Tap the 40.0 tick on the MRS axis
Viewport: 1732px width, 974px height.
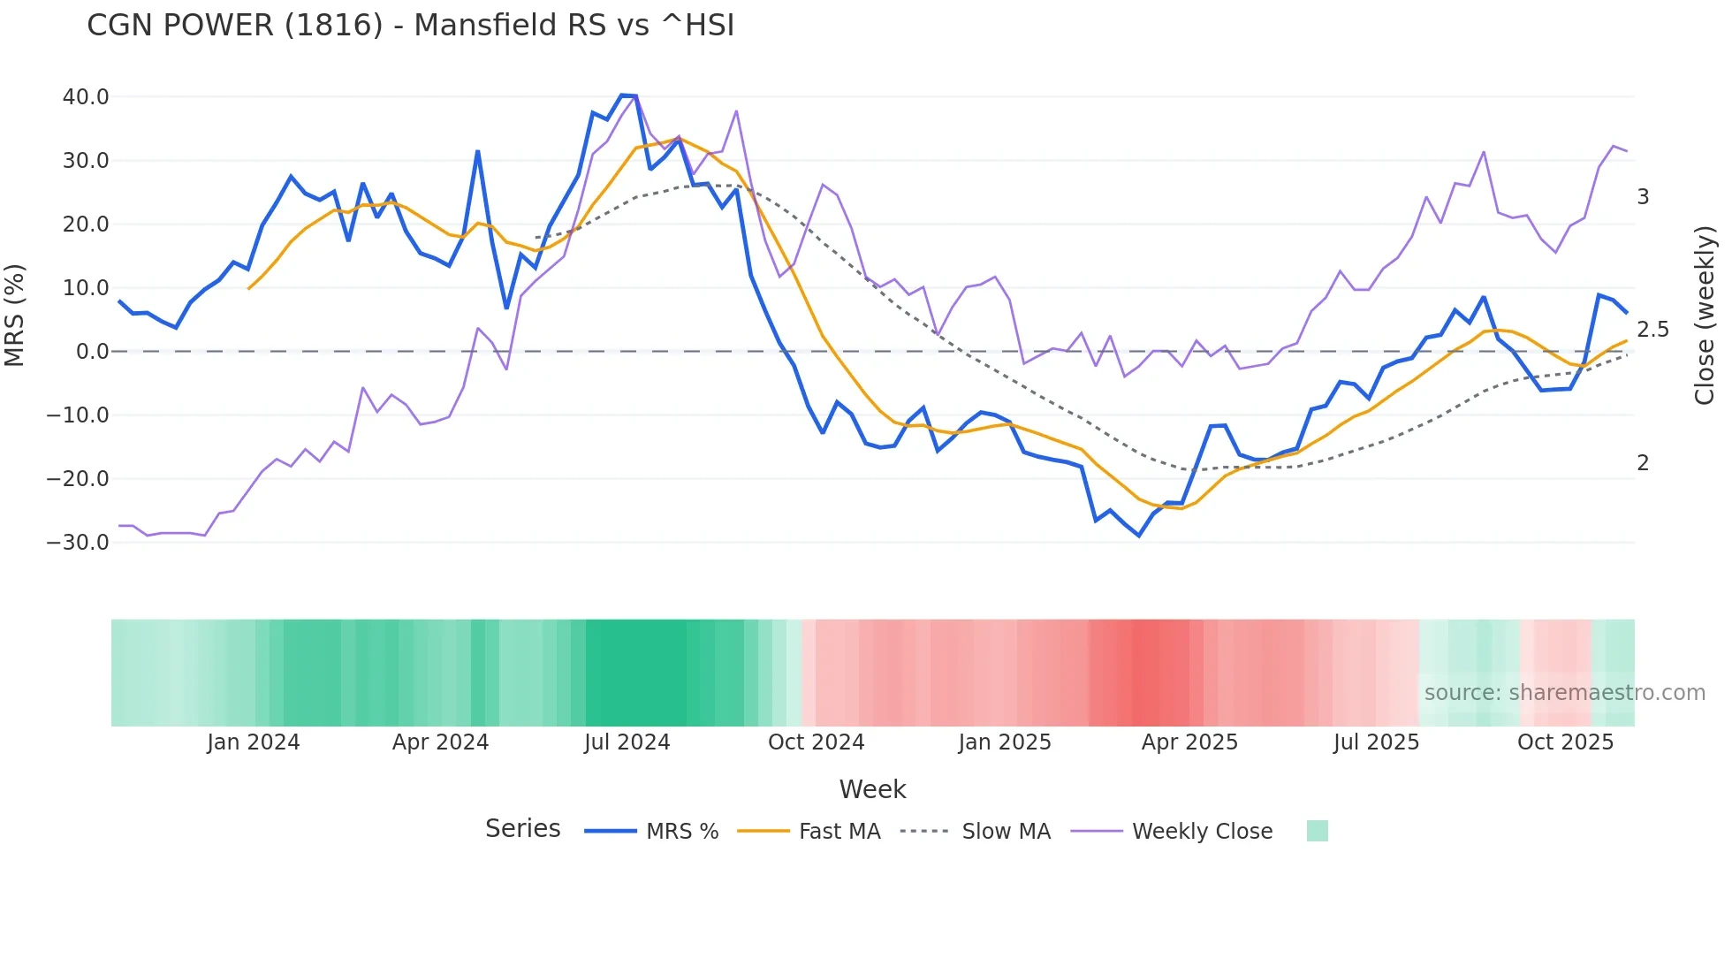(86, 97)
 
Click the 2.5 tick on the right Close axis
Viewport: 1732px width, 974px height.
(1652, 330)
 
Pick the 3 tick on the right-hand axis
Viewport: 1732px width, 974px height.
(1643, 197)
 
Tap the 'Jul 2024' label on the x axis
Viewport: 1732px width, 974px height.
(627, 742)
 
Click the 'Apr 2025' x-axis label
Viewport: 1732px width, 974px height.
(1189, 742)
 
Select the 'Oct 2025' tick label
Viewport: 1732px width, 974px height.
(1565, 742)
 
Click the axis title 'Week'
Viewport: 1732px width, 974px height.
(872, 789)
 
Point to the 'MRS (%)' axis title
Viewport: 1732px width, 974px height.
(15, 316)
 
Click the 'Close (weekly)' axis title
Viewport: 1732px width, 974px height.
(1704, 316)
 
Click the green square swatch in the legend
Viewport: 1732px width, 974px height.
(1317, 831)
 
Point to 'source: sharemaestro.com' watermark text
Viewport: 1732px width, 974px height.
(1564, 693)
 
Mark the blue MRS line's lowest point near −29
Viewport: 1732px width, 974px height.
(1139, 536)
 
